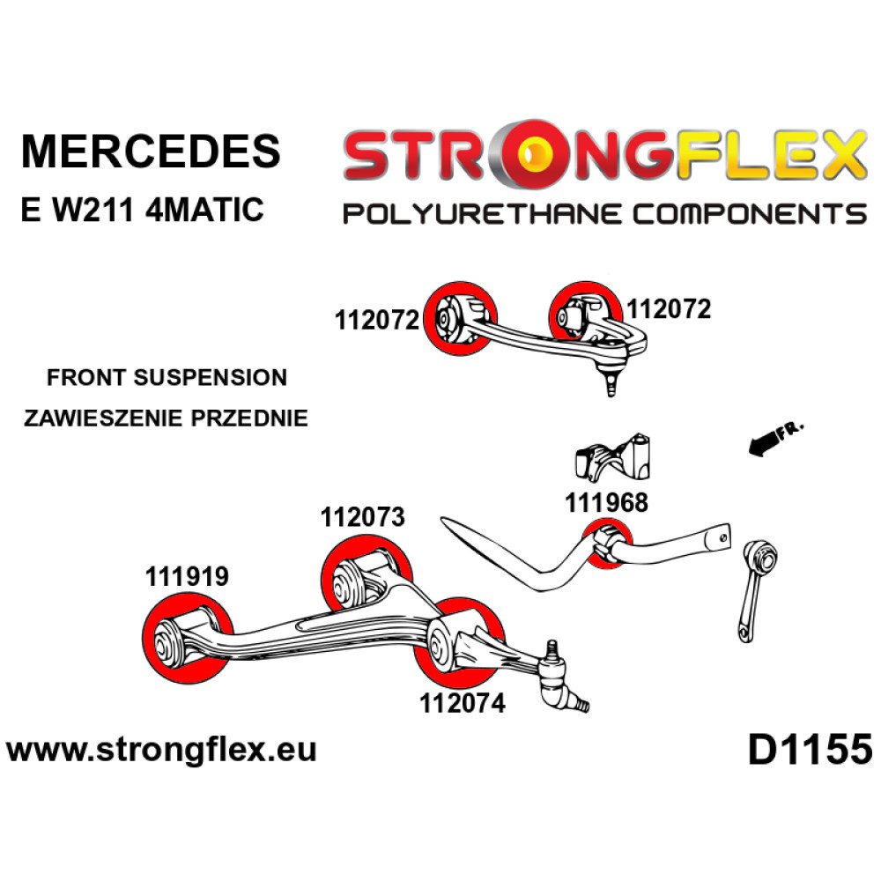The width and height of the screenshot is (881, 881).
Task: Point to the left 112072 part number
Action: tap(376, 321)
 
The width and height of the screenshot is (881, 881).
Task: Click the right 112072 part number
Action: tap(669, 308)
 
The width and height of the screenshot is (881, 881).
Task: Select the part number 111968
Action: tap(606, 502)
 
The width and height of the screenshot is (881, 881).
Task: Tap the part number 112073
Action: tap(363, 517)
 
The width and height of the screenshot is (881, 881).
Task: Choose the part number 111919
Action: tap(187, 577)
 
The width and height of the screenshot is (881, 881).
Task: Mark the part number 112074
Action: tap(463, 704)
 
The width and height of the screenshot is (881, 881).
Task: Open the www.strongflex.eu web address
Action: tap(161, 751)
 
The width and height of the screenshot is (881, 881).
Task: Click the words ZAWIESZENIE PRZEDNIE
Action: tap(167, 418)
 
